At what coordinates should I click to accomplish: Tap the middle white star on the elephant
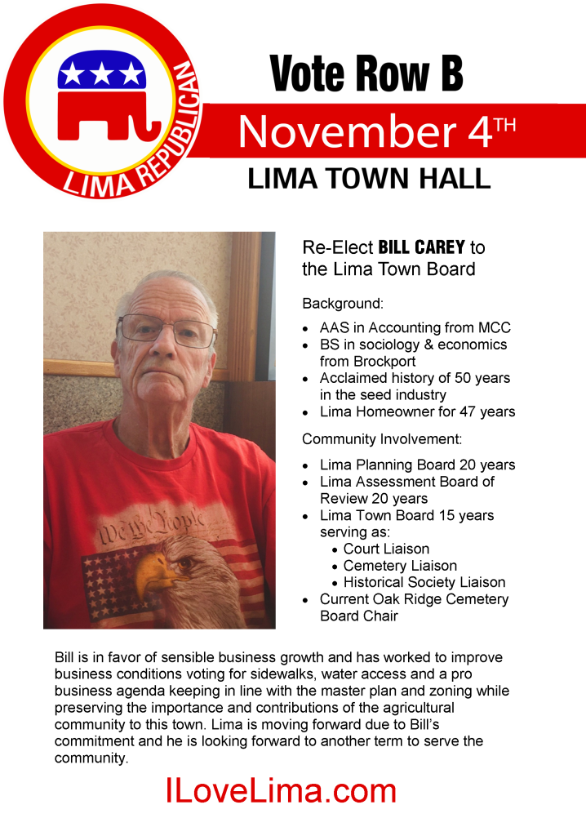(101, 74)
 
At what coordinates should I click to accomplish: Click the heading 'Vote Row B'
(366, 74)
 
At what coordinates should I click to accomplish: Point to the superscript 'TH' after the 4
(505, 124)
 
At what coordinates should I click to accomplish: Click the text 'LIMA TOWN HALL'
(369, 180)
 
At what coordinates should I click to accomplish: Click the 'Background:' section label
(343, 304)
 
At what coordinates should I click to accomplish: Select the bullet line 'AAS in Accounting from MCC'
(415, 327)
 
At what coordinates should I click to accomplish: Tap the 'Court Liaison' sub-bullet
(386, 549)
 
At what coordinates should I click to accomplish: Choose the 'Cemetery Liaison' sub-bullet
(400, 566)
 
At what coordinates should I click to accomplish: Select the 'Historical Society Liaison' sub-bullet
(424, 582)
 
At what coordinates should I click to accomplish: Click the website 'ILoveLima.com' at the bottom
(281, 790)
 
